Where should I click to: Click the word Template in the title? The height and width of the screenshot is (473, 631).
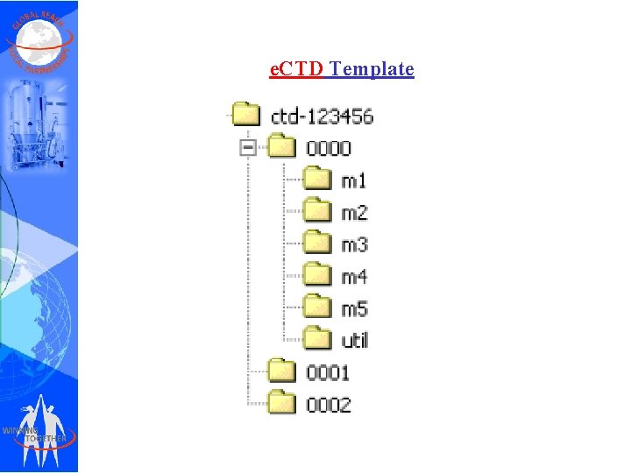coord(372,69)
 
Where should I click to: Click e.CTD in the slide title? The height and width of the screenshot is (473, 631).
coord(296,69)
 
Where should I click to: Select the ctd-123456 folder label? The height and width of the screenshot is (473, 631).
coord(323,116)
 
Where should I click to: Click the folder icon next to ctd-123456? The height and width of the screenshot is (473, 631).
coord(247,115)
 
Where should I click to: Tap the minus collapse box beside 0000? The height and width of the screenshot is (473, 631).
coord(248,148)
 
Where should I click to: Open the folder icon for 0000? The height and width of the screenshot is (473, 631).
coord(282,147)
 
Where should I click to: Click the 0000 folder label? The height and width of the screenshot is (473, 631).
coord(329,148)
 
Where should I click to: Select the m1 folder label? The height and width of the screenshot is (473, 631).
coord(354,180)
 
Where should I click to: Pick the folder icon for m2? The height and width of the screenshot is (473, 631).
coord(317,211)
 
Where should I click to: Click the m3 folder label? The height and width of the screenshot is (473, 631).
coord(354,244)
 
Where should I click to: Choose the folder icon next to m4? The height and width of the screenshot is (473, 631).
coord(317,275)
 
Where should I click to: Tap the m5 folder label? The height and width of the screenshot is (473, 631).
coord(354,308)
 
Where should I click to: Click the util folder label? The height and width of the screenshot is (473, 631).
coord(355,340)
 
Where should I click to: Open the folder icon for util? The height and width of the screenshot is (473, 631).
coord(317,339)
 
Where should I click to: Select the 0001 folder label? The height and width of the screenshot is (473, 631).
coord(329,372)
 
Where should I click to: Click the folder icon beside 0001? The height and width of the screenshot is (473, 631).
coord(282,371)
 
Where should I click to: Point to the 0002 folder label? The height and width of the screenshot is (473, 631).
coord(329,405)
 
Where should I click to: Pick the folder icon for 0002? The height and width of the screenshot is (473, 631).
coord(282,403)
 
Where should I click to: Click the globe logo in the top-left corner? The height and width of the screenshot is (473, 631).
coord(39,39)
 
